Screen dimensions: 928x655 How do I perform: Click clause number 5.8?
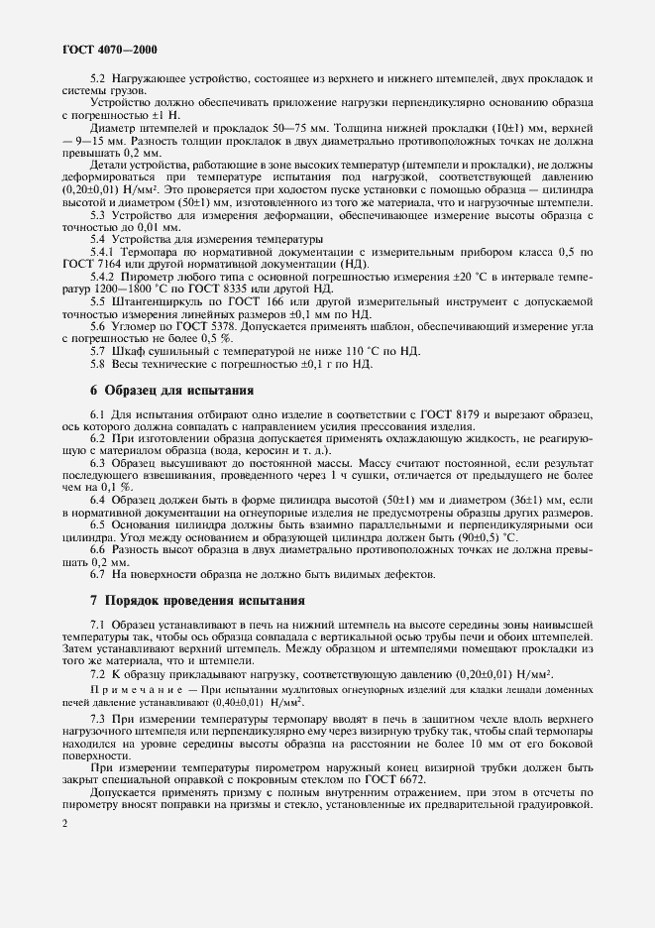(x=99, y=364)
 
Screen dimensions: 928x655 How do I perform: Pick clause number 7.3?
(x=98, y=716)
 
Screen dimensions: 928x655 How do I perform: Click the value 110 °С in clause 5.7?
(x=308, y=352)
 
